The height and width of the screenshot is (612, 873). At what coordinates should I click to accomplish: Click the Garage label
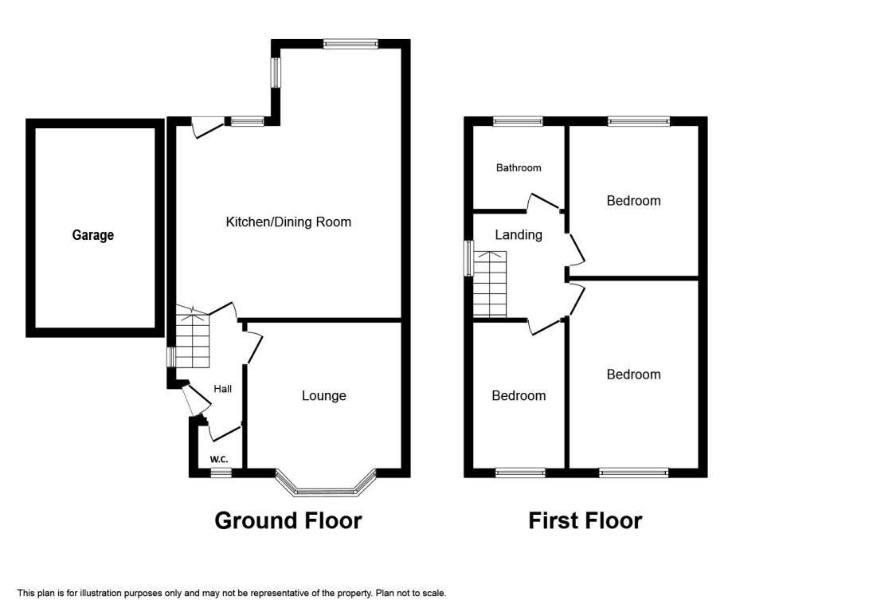[93, 235]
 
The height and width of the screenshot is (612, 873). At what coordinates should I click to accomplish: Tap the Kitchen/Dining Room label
[288, 222]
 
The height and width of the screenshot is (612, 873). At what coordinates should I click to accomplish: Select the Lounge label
[324, 395]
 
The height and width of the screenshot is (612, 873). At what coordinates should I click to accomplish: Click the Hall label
[223, 389]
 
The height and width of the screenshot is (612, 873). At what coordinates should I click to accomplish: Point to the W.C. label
[219, 460]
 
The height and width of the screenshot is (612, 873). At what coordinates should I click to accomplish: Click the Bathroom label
[519, 167]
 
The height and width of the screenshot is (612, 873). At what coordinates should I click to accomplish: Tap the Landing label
[519, 234]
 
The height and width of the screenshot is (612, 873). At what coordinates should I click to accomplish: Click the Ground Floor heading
[288, 520]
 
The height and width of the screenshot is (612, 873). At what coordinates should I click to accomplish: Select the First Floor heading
[585, 520]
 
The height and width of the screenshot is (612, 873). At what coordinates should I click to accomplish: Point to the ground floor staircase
[193, 336]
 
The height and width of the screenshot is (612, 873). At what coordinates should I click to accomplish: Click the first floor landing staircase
[489, 284]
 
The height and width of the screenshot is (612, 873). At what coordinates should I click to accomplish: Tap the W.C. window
[221, 473]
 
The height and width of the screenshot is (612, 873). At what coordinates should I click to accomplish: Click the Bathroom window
[518, 121]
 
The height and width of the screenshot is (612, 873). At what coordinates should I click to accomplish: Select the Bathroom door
[543, 202]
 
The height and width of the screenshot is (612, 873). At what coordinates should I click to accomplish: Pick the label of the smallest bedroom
[519, 395]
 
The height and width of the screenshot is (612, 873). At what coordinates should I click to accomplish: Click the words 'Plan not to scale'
[411, 593]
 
